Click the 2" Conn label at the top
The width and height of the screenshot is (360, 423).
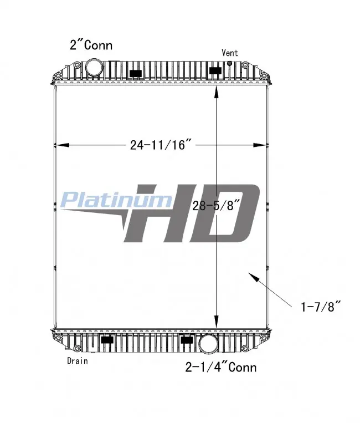point(91,45)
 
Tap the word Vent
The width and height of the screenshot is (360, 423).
point(230,53)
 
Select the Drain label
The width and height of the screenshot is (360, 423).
point(78,361)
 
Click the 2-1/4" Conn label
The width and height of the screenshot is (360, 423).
point(221,368)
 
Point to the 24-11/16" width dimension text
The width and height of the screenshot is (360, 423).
point(161,145)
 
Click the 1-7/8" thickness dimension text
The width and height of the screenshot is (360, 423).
point(321,307)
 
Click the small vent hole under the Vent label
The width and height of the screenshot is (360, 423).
point(230,63)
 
